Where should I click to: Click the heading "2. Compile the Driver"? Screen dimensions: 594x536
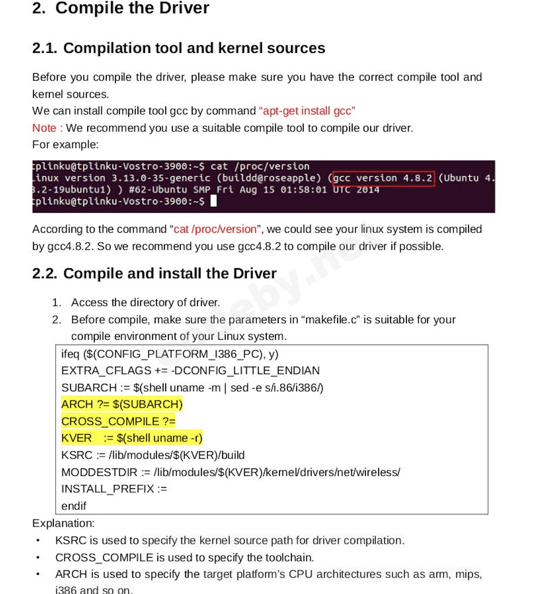click(120, 8)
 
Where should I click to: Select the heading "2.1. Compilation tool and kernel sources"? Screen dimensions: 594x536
click(179, 48)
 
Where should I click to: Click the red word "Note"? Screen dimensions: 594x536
click(44, 128)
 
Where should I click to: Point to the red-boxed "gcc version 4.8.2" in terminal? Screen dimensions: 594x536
click(383, 178)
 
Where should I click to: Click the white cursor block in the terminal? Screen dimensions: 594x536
click(213, 201)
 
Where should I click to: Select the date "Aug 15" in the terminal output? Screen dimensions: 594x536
click(254, 189)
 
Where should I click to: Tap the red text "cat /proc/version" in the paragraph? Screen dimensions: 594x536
click(215, 229)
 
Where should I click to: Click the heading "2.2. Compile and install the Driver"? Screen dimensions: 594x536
click(154, 273)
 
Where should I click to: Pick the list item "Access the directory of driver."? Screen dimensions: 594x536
click(145, 302)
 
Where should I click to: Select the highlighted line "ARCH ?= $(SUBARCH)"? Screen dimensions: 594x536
click(122, 404)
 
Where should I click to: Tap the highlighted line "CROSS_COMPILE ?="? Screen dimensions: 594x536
click(118, 421)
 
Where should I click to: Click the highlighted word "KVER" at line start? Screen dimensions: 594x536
click(76, 438)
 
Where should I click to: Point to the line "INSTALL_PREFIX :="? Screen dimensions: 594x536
click(114, 489)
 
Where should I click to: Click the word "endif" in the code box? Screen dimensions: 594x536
click(74, 506)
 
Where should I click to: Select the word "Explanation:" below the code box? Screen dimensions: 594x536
click(63, 523)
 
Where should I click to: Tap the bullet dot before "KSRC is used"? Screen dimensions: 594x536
click(38, 540)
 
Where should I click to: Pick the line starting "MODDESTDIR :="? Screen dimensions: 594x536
click(231, 472)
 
